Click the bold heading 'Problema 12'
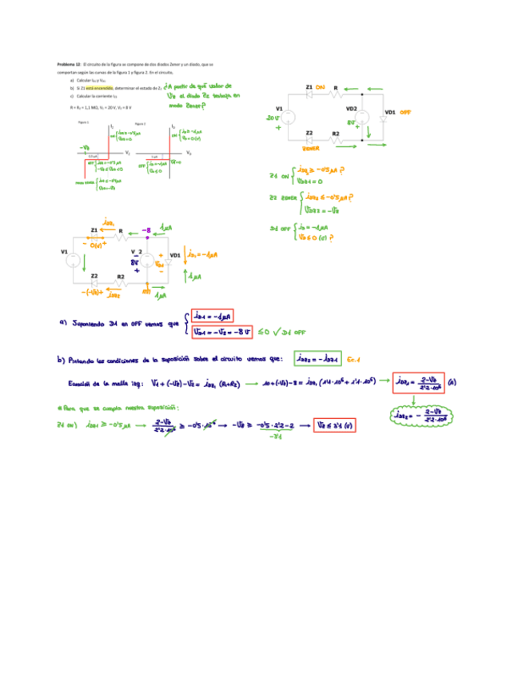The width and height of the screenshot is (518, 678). [68, 63]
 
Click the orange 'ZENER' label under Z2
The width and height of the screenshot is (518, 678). [312, 148]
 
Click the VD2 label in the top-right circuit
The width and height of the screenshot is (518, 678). [351, 109]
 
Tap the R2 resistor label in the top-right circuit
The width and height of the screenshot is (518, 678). [336, 134]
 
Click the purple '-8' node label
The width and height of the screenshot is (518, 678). [146, 229]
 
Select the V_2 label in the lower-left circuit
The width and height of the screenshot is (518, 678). [137, 249]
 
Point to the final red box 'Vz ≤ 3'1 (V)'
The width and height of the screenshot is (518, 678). [335, 424]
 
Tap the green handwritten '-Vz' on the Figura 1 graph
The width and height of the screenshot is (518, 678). [85, 147]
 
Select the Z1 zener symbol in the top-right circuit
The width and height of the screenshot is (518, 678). [309, 94]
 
